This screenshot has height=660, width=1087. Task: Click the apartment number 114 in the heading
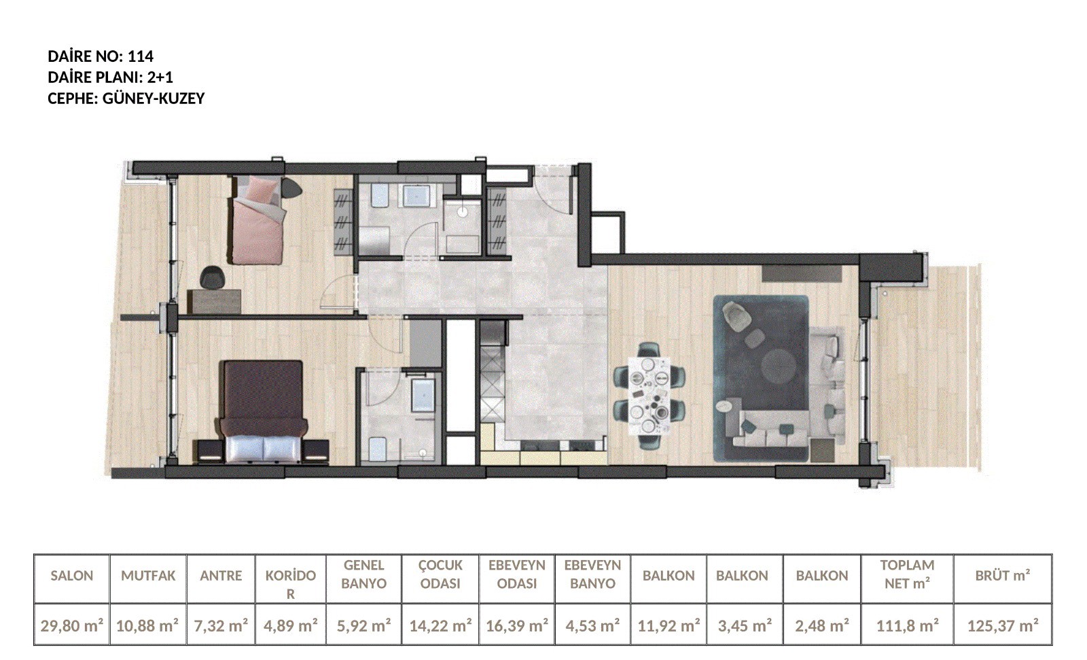pyautogui.click(x=140, y=56)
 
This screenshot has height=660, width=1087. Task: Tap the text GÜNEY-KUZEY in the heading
pyautogui.click(x=154, y=98)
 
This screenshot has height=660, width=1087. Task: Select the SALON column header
pyautogui.click(x=72, y=576)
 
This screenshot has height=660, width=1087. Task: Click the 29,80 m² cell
pyautogui.click(x=72, y=625)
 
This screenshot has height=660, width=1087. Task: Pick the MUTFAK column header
pyautogui.click(x=148, y=576)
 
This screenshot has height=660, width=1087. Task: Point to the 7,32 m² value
pyautogui.click(x=221, y=625)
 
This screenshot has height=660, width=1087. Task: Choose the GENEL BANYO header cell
pyautogui.click(x=364, y=574)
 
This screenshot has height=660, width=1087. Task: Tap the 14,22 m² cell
pyautogui.click(x=441, y=625)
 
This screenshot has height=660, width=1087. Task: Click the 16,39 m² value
pyautogui.click(x=517, y=625)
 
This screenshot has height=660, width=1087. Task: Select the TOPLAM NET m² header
pyautogui.click(x=908, y=574)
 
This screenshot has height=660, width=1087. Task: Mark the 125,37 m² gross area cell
pyautogui.click(x=1003, y=625)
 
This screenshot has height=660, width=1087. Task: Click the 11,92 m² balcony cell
pyautogui.click(x=669, y=625)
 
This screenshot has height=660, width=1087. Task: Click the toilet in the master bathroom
pyautogui.click(x=378, y=449)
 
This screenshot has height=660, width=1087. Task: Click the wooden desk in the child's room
pyautogui.click(x=214, y=302)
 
